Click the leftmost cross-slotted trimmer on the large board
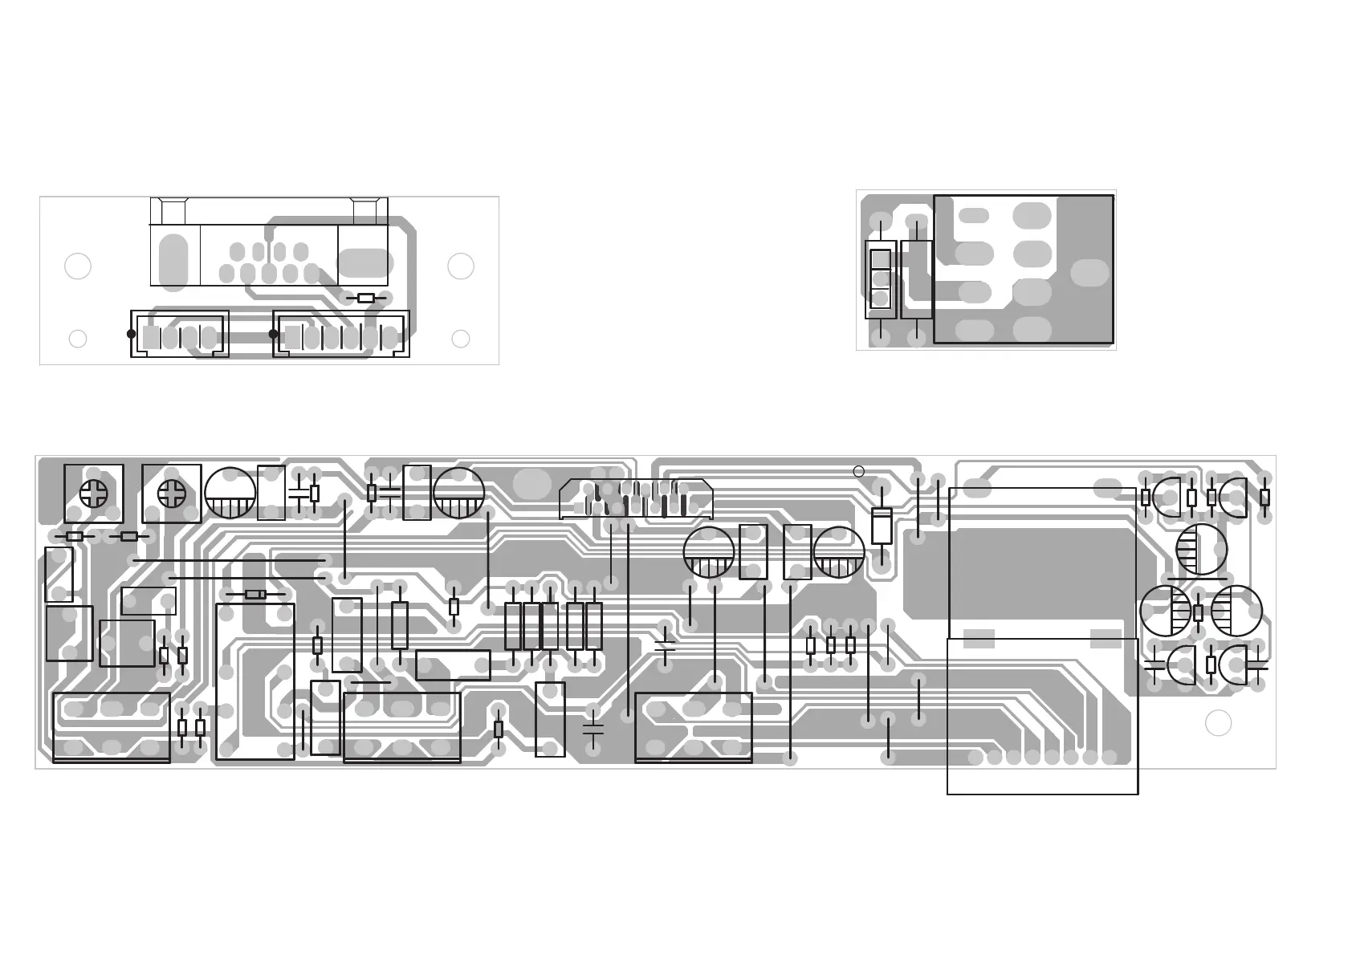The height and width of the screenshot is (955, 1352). tap(94, 494)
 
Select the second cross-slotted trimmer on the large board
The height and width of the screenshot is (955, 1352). tap(172, 494)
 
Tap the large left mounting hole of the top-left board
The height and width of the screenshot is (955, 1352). tap(78, 266)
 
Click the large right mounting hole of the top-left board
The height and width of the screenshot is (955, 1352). tap(461, 266)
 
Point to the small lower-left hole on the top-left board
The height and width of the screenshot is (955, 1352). tap(78, 339)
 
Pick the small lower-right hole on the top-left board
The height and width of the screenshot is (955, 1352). tap(461, 339)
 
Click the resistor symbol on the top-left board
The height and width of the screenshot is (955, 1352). tap(365, 298)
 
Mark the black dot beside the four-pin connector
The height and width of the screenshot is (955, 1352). tap(132, 334)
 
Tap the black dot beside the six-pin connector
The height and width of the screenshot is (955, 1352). tap(273, 334)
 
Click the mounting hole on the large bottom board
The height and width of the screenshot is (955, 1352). tap(1218, 723)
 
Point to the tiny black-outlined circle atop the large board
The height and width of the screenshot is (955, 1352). tap(858, 471)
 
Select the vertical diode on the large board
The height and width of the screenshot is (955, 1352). tap(882, 526)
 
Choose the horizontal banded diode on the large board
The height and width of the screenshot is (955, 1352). tap(255, 595)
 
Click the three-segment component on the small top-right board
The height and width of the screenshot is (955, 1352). tap(881, 279)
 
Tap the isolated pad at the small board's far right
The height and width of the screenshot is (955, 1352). tap(1089, 273)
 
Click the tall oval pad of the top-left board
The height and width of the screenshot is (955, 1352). tap(173, 261)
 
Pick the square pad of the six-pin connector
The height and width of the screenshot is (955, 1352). tap(292, 338)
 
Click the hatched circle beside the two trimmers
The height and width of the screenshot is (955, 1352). tap(230, 493)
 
